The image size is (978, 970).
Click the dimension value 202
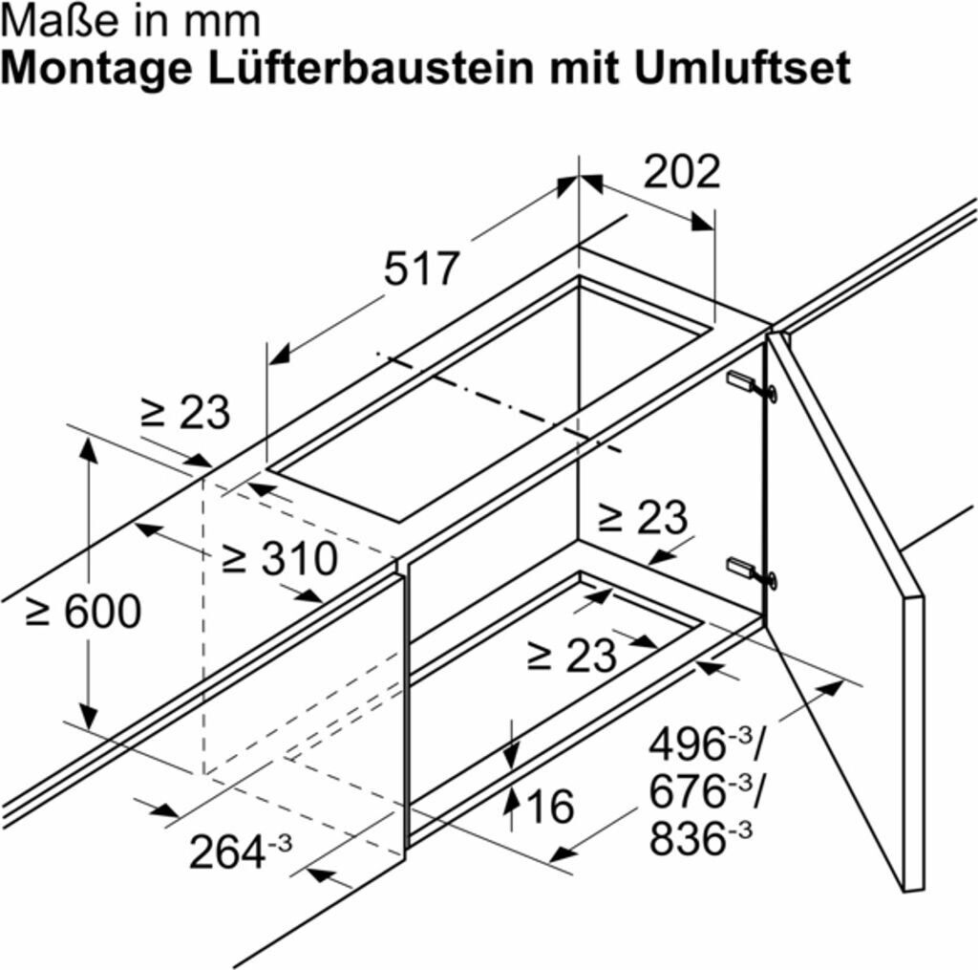tap(681, 172)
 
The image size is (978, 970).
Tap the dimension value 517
tap(422, 269)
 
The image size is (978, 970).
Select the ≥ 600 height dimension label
tap(83, 611)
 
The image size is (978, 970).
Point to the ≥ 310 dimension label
tap(280, 559)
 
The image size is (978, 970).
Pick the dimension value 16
tap(550, 808)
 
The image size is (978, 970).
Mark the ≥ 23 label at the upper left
tap(185, 413)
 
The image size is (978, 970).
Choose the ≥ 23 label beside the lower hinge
tap(642, 518)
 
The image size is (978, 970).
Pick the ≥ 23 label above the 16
tap(572, 656)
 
